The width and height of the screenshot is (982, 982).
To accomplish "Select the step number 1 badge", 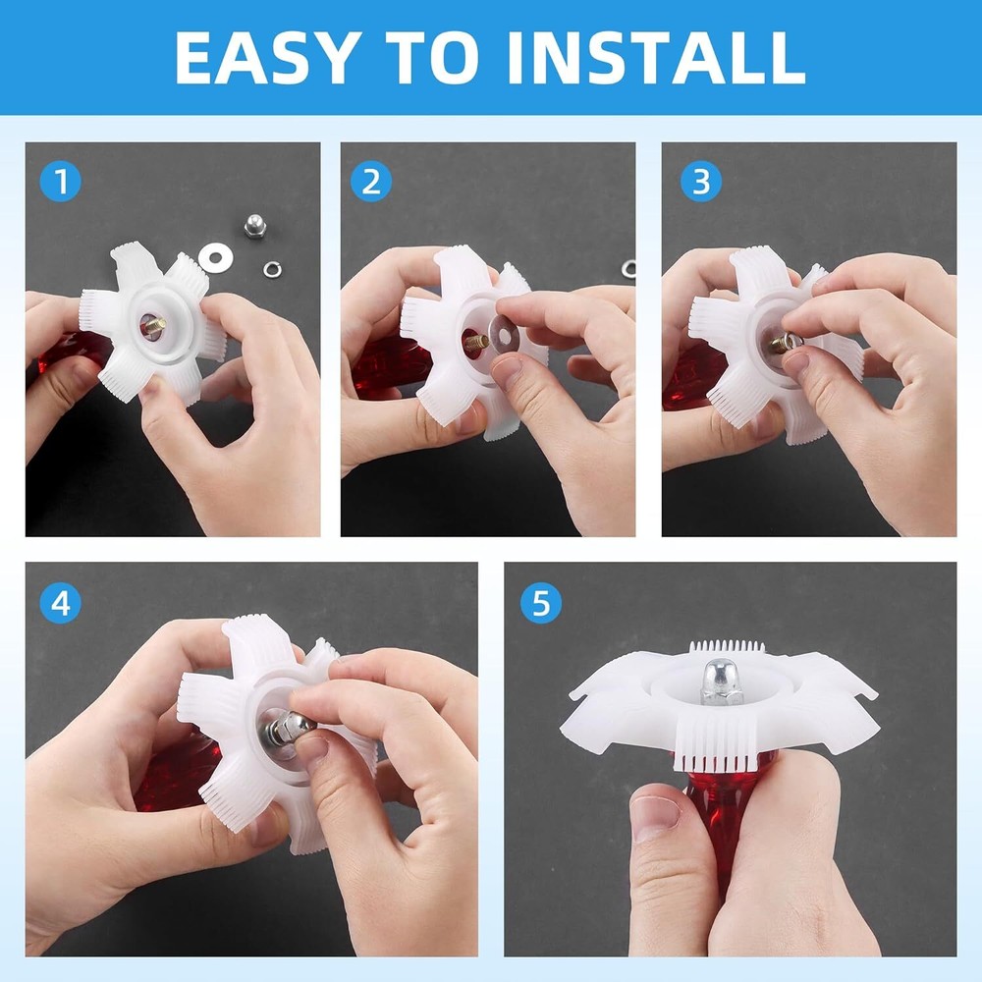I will (60, 182).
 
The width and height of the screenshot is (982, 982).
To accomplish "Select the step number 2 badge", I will (370, 182).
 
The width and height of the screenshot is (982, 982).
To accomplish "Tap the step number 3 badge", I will (700, 182).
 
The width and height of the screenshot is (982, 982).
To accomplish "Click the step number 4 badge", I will (60, 604).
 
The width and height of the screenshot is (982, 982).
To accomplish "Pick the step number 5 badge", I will (540, 604).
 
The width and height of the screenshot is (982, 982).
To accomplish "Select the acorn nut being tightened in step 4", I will (292, 728).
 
